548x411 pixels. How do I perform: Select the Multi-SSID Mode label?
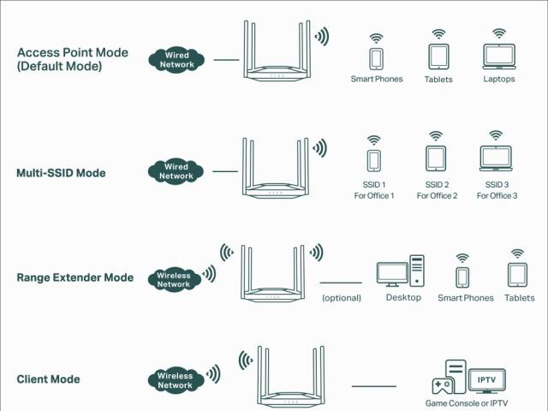pyautogui.click(x=61, y=173)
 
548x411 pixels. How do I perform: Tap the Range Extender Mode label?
pyautogui.click(x=74, y=277)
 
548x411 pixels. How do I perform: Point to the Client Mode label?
pyautogui.click(x=48, y=379)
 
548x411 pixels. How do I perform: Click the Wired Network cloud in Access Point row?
pyautogui.click(x=176, y=60)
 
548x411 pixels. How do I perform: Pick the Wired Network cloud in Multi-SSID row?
pyautogui.click(x=176, y=171)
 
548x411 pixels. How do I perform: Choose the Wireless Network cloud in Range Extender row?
pyautogui.click(x=174, y=279)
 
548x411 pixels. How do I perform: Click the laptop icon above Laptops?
pyautogui.click(x=499, y=57)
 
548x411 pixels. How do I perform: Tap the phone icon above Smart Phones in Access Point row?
pyautogui.click(x=377, y=58)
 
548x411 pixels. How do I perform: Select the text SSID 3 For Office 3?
pyautogui.click(x=497, y=190)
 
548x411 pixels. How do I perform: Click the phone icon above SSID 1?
pyautogui.click(x=373, y=161)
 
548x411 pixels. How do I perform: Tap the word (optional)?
pyautogui.click(x=341, y=298)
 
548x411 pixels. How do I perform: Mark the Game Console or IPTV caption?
pyautogui.click(x=467, y=402)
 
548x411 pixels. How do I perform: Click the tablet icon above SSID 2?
pyautogui.click(x=436, y=158)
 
